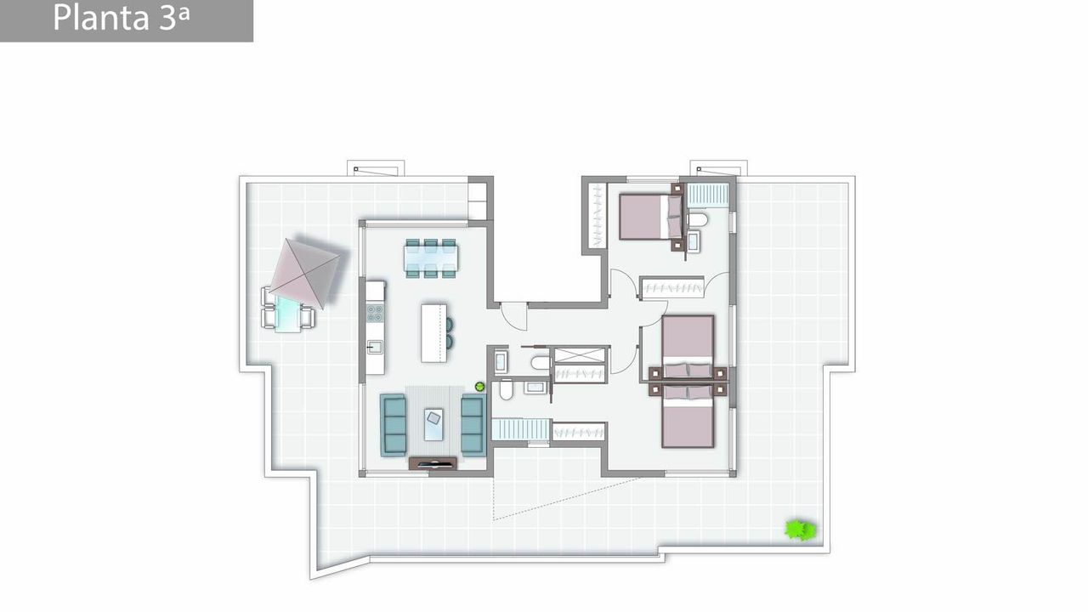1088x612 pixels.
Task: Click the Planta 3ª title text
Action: point(121,18)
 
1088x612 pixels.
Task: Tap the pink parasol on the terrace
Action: point(305,273)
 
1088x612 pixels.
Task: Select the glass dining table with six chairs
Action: point(431,258)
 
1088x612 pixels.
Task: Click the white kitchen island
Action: point(433,333)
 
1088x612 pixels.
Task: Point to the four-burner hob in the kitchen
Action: point(375,313)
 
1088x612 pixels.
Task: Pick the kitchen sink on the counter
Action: point(375,348)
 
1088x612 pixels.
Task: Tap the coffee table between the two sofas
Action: point(433,424)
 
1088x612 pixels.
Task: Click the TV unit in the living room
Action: point(433,463)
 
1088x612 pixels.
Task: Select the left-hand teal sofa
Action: point(394,425)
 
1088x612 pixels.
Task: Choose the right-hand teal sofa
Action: point(473,425)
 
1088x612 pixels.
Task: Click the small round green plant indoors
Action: point(479,387)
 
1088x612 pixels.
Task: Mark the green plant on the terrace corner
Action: point(800,530)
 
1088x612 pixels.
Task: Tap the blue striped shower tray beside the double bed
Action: point(708,195)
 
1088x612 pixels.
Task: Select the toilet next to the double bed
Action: point(698,220)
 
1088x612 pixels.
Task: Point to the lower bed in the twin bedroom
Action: point(688,416)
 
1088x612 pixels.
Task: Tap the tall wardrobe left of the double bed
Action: point(598,215)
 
